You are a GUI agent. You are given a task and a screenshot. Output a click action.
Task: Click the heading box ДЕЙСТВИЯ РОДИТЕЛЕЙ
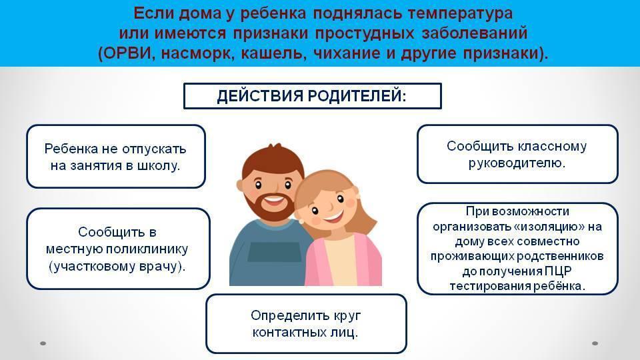point(312,96)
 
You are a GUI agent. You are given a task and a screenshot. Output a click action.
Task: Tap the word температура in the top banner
point(460,13)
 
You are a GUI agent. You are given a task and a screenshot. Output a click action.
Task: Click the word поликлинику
point(147,249)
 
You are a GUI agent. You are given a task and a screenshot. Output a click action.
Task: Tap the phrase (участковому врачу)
point(117,267)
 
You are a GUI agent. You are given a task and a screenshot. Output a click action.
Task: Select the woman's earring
point(301,221)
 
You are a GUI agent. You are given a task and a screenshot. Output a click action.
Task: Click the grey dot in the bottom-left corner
point(43,343)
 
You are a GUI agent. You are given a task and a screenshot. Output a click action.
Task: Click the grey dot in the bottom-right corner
point(595,343)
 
